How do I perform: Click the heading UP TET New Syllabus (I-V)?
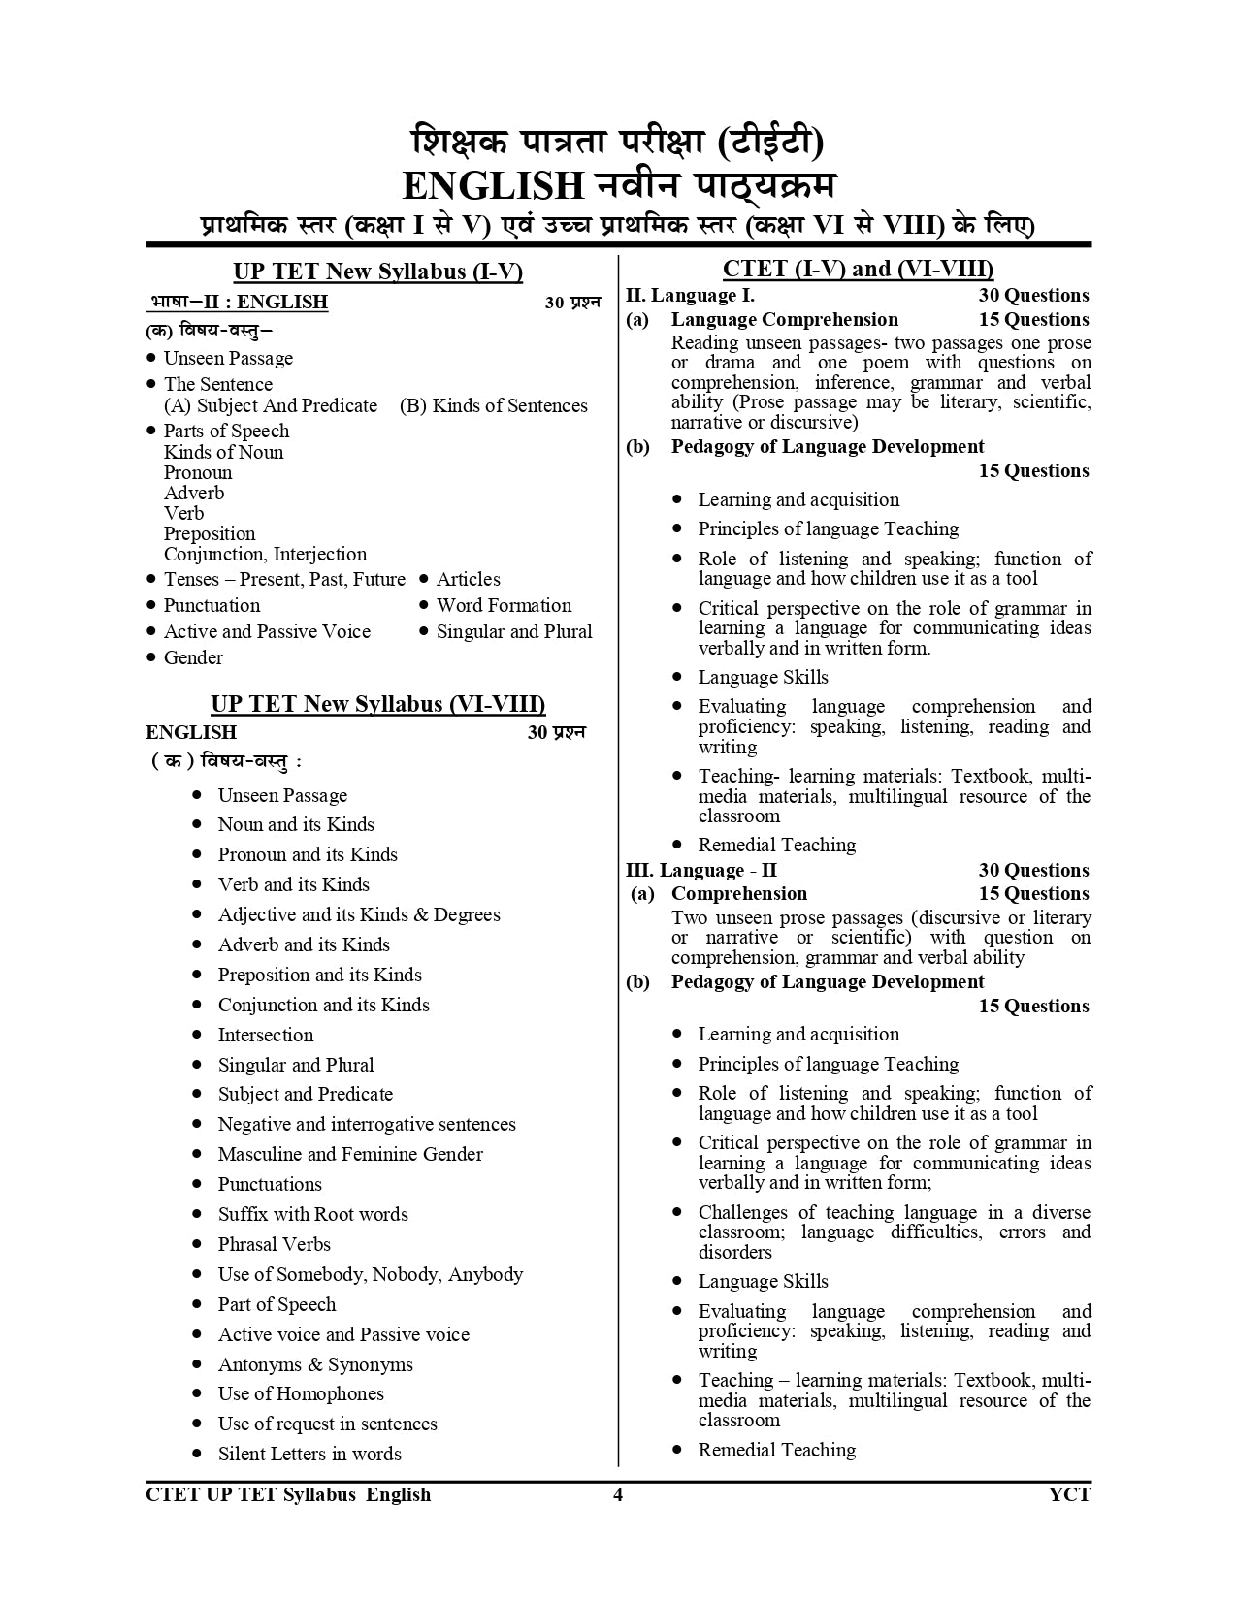pos(377,272)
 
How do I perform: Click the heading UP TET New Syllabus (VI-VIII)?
pos(377,704)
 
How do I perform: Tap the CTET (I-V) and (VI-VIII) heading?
pos(858,270)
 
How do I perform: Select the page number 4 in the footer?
pos(618,1494)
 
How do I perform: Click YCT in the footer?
pos(1069,1494)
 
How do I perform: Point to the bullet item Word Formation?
pos(504,605)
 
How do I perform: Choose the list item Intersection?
pos(265,1035)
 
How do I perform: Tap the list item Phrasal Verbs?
pos(274,1244)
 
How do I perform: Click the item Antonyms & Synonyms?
pos(315,1364)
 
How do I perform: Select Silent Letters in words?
pos(309,1454)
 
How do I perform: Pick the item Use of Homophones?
pos(301,1393)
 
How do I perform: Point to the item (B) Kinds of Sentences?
pos(493,405)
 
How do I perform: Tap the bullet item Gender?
pos(193,657)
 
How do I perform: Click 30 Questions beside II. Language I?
pos(1033,296)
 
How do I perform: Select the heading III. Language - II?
pos(701,870)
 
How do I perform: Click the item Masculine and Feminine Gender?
pos(350,1154)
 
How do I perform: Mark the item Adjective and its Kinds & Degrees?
pos(359,914)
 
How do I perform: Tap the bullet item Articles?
pos(468,579)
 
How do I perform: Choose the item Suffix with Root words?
pos(312,1214)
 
